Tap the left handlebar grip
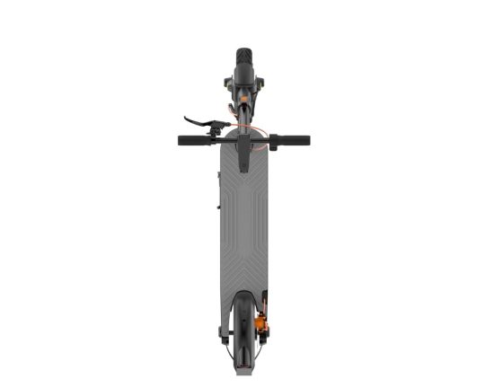pyautogui.click(x=191, y=140)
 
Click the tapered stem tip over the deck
pyautogui.click(x=244, y=163)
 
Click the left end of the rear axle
pyautogui.click(x=221, y=333)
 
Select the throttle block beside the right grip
pyautogui.click(x=272, y=142)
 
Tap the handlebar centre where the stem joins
pyautogui.click(x=244, y=140)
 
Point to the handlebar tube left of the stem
pyautogui.click(x=221, y=140)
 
